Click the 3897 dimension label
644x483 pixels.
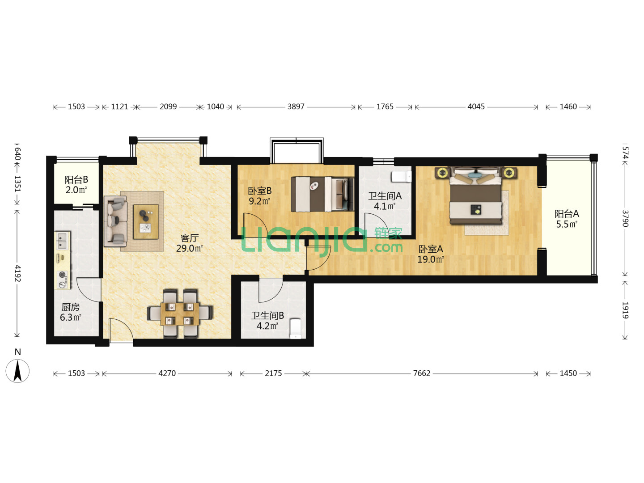tap(296, 107)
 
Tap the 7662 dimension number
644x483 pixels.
tap(421, 373)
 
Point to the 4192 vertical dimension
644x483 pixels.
tap(17, 273)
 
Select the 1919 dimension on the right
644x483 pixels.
tap(625, 310)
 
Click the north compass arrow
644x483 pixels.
tap(17, 371)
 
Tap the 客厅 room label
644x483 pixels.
tap(190, 238)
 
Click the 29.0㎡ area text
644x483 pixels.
tap(189, 248)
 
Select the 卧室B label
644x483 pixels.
tap(260, 191)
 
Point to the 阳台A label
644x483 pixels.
tap(567, 213)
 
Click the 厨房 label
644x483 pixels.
tap(70, 307)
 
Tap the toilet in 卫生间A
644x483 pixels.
tap(401, 177)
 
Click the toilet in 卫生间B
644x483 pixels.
tap(296, 328)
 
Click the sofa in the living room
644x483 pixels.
tap(116, 221)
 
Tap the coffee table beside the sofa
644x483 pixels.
tap(146, 222)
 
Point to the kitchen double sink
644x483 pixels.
tap(63, 241)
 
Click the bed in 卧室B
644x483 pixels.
tap(322, 194)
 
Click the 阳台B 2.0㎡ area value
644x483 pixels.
tap(76, 190)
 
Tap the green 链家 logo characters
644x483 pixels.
tap(388, 233)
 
